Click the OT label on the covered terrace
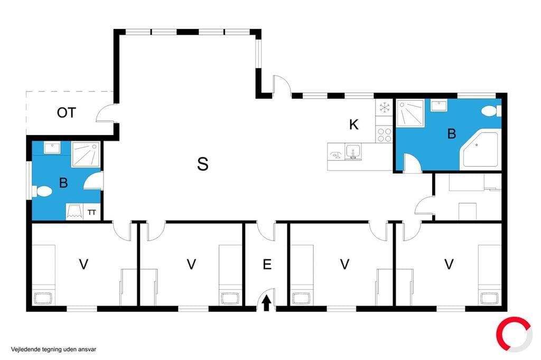(x=66, y=113)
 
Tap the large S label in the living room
(x=202, y=164)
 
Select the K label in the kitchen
(x=353, y=125)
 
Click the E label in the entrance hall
(x=267, y=264)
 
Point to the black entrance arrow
(x=266, y=304)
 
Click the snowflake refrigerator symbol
(x=384, y=107)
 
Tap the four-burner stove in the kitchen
(x=384, y=135)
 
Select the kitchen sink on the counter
(x=353, y=152)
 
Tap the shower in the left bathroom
(x=86, y=155)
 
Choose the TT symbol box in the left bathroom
(x=92, y=212)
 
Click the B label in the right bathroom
(x=452, y=134)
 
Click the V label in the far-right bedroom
(x=449, y=264)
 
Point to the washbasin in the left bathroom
(x=52, y=148)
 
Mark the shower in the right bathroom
(x=410, y=113)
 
